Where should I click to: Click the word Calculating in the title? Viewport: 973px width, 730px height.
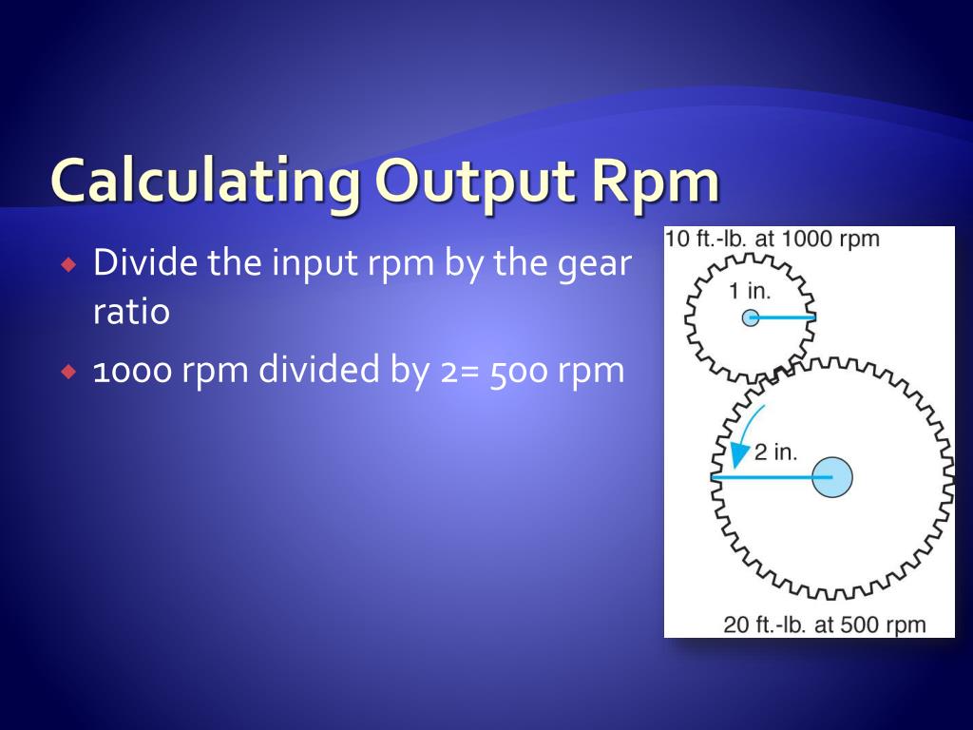click(x=204, y=182)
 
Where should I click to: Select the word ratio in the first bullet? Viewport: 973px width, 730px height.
click(x=131, y=312)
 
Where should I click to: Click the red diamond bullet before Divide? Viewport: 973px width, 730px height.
click(x=67, y=264)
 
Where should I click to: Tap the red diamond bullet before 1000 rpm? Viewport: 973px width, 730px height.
click(x=67, y=372)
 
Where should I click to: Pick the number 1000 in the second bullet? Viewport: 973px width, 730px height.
click(x=132, y=371)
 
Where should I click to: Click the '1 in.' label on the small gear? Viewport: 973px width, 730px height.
click(x=750, y=291)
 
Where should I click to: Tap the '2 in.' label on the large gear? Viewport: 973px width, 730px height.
click(x=776, y=451)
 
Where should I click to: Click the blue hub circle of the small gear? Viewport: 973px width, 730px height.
click(x=751, y=317)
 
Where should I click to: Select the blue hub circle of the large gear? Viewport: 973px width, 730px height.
click(x=832, y=476)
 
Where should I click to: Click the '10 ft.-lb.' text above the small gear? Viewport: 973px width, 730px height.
click(x=707, y=239)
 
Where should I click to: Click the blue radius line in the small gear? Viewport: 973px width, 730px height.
click(x=785, y=317)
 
